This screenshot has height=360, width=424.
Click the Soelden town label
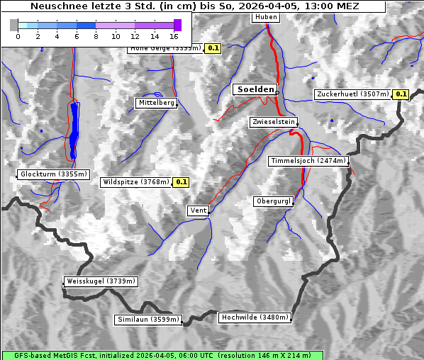coord(255,89)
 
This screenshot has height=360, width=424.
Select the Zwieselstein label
coord(273,122)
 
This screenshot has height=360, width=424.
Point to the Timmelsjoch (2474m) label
coord(308,161)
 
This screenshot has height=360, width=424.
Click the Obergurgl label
coord(273,201)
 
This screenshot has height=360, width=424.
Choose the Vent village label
coord(199,210)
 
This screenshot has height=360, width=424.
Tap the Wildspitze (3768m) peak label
coord(136,181)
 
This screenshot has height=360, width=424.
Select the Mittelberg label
coord(156,103)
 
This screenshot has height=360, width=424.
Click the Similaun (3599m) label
coord(148,320)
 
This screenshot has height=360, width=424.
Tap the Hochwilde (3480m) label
coord(255,317)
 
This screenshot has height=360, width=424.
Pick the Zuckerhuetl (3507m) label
coord(353,94)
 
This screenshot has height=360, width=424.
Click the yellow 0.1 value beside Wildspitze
coord(182,182)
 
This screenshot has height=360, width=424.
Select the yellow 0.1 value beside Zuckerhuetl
coord(401,94)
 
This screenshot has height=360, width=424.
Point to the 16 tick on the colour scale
coord(174,35)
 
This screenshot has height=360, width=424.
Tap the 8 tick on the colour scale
coord(96,35)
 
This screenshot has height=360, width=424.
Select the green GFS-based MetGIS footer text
coord(162,355)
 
